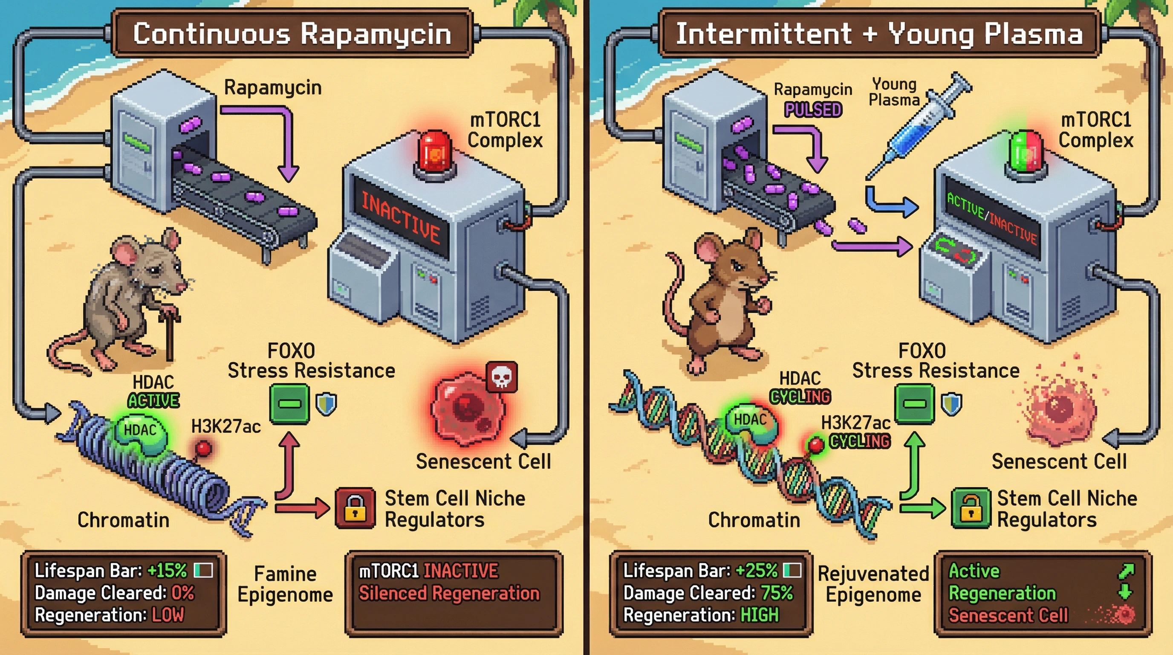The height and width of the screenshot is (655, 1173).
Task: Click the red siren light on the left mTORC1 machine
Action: (434, 153)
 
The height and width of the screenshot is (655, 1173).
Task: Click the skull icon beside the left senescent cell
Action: (501, 377)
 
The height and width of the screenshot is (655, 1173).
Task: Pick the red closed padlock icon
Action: (355, 508)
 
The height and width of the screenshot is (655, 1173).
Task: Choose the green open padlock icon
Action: (971, 508)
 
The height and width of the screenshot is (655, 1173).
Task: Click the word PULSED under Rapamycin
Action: (813, 110)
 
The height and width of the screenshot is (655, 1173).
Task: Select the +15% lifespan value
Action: (167, 570)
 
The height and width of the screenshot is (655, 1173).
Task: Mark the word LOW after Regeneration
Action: (168, 615)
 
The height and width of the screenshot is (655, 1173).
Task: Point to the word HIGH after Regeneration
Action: (760, 615)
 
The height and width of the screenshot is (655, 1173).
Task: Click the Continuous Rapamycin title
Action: (292, 34)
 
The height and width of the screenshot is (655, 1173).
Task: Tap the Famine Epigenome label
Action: (285, 584)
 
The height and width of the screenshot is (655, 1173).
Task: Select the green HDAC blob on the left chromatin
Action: (141, 433)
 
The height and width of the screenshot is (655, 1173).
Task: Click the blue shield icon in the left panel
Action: (326, 404)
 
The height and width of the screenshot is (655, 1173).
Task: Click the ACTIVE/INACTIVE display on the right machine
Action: (992, 218)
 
